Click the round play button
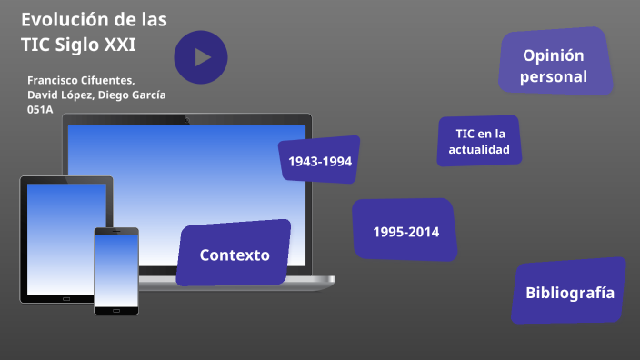pos(200,56)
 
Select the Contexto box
pos(234,255)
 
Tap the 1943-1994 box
pos(319,161)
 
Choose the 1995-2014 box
pos(405,231)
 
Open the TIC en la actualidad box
pos(479,141)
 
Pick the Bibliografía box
pos(569,293)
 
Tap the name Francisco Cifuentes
pos(80,80)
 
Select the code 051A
pos(40,109)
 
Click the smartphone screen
pos(116,270)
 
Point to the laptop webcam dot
pos(187,119)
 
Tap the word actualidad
pos(479,149)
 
